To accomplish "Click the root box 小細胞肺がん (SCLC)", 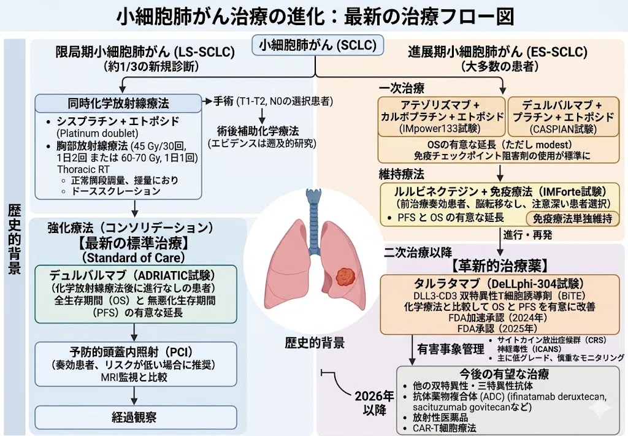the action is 317,45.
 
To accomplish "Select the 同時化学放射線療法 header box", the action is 118,103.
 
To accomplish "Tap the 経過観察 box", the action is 134,418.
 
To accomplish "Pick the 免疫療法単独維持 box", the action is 572,218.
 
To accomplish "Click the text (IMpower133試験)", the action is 440,129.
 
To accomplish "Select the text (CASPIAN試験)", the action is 563,129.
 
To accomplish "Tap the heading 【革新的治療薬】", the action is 500,265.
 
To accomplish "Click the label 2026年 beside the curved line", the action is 375,396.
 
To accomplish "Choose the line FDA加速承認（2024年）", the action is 498,318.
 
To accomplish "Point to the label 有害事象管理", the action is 451,349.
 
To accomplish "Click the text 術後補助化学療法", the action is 258,131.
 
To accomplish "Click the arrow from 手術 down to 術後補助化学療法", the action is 262,116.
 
